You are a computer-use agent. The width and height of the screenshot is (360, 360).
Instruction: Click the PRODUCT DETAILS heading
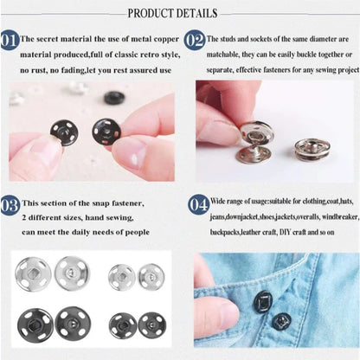(180, 14)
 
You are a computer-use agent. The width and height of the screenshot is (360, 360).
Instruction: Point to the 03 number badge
(10, 204)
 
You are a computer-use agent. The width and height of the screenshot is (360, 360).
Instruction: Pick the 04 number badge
(196, 204)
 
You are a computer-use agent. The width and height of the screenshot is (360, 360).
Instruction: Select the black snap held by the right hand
(106, 132)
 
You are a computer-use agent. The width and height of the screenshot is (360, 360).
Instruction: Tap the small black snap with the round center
(151, 325)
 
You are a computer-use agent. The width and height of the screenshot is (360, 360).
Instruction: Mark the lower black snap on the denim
(281, 322)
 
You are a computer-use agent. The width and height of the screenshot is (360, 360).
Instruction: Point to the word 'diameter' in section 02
(322, 40)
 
